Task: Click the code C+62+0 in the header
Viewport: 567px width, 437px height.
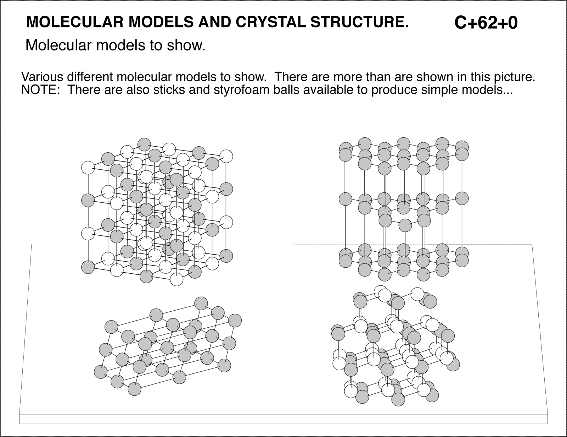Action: click(x=485, y=23)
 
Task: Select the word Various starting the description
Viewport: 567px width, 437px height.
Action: click(x=43, y=77)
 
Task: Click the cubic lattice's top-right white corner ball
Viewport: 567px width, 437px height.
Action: click(x=226, y=156)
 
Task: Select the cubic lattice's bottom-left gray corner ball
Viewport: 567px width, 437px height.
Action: click(x=88, y=267)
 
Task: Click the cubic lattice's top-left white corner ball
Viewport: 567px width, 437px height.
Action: click(x=88, y=168)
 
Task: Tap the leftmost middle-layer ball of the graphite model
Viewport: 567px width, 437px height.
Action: click(x=345, y=199)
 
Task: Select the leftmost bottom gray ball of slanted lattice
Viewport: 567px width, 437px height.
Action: click(x=101, y=372)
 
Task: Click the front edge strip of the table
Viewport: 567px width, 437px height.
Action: click(x=283, y=419)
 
